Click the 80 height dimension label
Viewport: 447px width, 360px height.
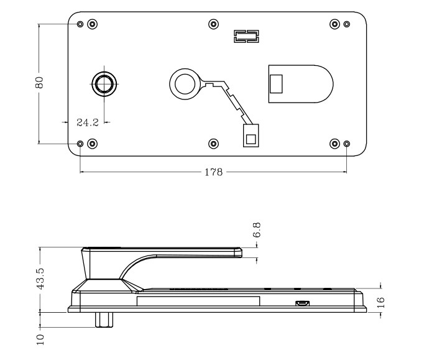click(x=39, y=83)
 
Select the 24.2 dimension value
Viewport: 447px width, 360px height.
click(x=86, y=122)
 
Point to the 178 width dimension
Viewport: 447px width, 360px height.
click(x=213, y=172)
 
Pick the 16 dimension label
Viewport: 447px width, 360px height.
click(x=380, y=302)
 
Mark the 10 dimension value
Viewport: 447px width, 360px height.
click(x=40, y=338)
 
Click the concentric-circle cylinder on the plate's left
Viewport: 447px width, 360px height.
click(x=103, y=83)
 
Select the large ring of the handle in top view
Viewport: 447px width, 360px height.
click(x=185, y=83)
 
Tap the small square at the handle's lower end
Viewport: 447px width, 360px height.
click(x=251, y=137)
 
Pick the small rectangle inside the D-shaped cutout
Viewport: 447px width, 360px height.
click(x=276, y=82)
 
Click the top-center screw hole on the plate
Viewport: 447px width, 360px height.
click(x=213, y=24)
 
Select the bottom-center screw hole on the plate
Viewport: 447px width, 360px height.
click(x=213, y=144)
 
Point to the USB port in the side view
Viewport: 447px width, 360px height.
click(x=302, y=303)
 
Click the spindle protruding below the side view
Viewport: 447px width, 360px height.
click(x=104, y=318)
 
